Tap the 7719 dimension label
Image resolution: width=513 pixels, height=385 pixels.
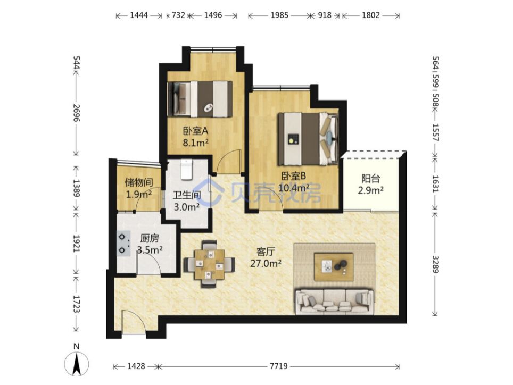(x=278, y=366)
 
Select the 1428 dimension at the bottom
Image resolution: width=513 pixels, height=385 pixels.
(x=136, y=366)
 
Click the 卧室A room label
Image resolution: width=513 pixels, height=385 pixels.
(x=195, y=131)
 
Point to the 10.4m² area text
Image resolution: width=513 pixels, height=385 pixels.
(x=294, y=188)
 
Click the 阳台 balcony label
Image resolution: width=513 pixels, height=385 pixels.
(x=371, y=179)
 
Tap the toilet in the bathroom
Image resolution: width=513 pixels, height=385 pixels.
(x=186, y=169)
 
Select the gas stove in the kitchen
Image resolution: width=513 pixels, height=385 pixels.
(x=123, y=243)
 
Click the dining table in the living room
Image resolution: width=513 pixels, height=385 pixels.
(x=209, y=264)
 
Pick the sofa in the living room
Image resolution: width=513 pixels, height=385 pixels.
(x=335, y=301)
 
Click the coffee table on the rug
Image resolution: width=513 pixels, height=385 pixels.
(x=333, y=266)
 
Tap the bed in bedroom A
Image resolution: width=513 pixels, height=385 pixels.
(x=200, y=99)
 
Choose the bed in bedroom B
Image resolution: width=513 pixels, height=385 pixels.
(x=308, y=139)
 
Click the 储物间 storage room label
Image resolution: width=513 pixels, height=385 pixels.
(x=139, y=182)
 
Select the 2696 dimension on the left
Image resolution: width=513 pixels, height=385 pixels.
(x=76, y=113)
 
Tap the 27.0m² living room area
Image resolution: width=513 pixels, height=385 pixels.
(x=266, y=263)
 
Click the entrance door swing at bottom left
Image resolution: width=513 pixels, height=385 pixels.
(x=134, y=322)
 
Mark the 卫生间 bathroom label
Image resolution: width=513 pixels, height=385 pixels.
(x=186, y=195)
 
